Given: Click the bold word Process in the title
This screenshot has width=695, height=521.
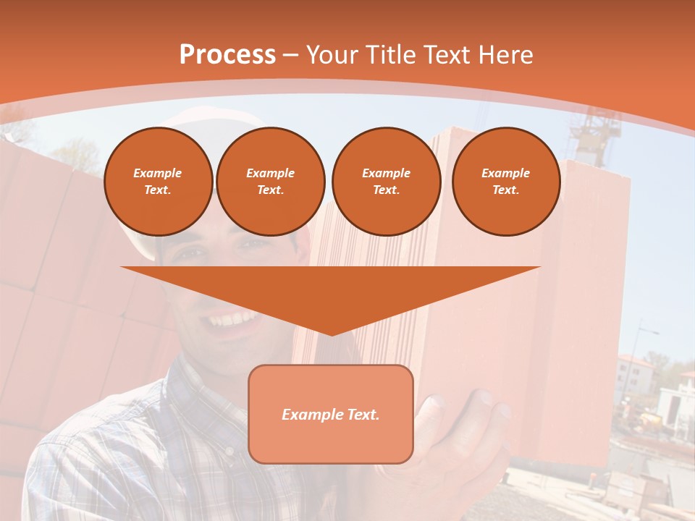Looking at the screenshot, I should [x=227, y=55].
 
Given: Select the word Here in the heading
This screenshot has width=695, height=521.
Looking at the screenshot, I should [x=505, y=55].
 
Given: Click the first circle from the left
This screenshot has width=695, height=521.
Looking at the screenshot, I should [x=158, y=182].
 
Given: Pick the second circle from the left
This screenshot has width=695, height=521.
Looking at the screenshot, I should [x=271, y=182].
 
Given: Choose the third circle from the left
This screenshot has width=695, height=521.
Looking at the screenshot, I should [x=386, y=182].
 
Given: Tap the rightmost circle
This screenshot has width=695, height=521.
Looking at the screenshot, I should [x=505, y=182].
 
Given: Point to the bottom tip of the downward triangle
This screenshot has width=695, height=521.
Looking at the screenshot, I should [x=332, y=334].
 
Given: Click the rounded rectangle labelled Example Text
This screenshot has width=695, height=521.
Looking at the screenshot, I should [x=331, y=414].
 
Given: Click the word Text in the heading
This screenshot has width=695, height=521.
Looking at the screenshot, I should [x=449, y=55].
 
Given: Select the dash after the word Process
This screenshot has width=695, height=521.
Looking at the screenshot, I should [x=290, y=55].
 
